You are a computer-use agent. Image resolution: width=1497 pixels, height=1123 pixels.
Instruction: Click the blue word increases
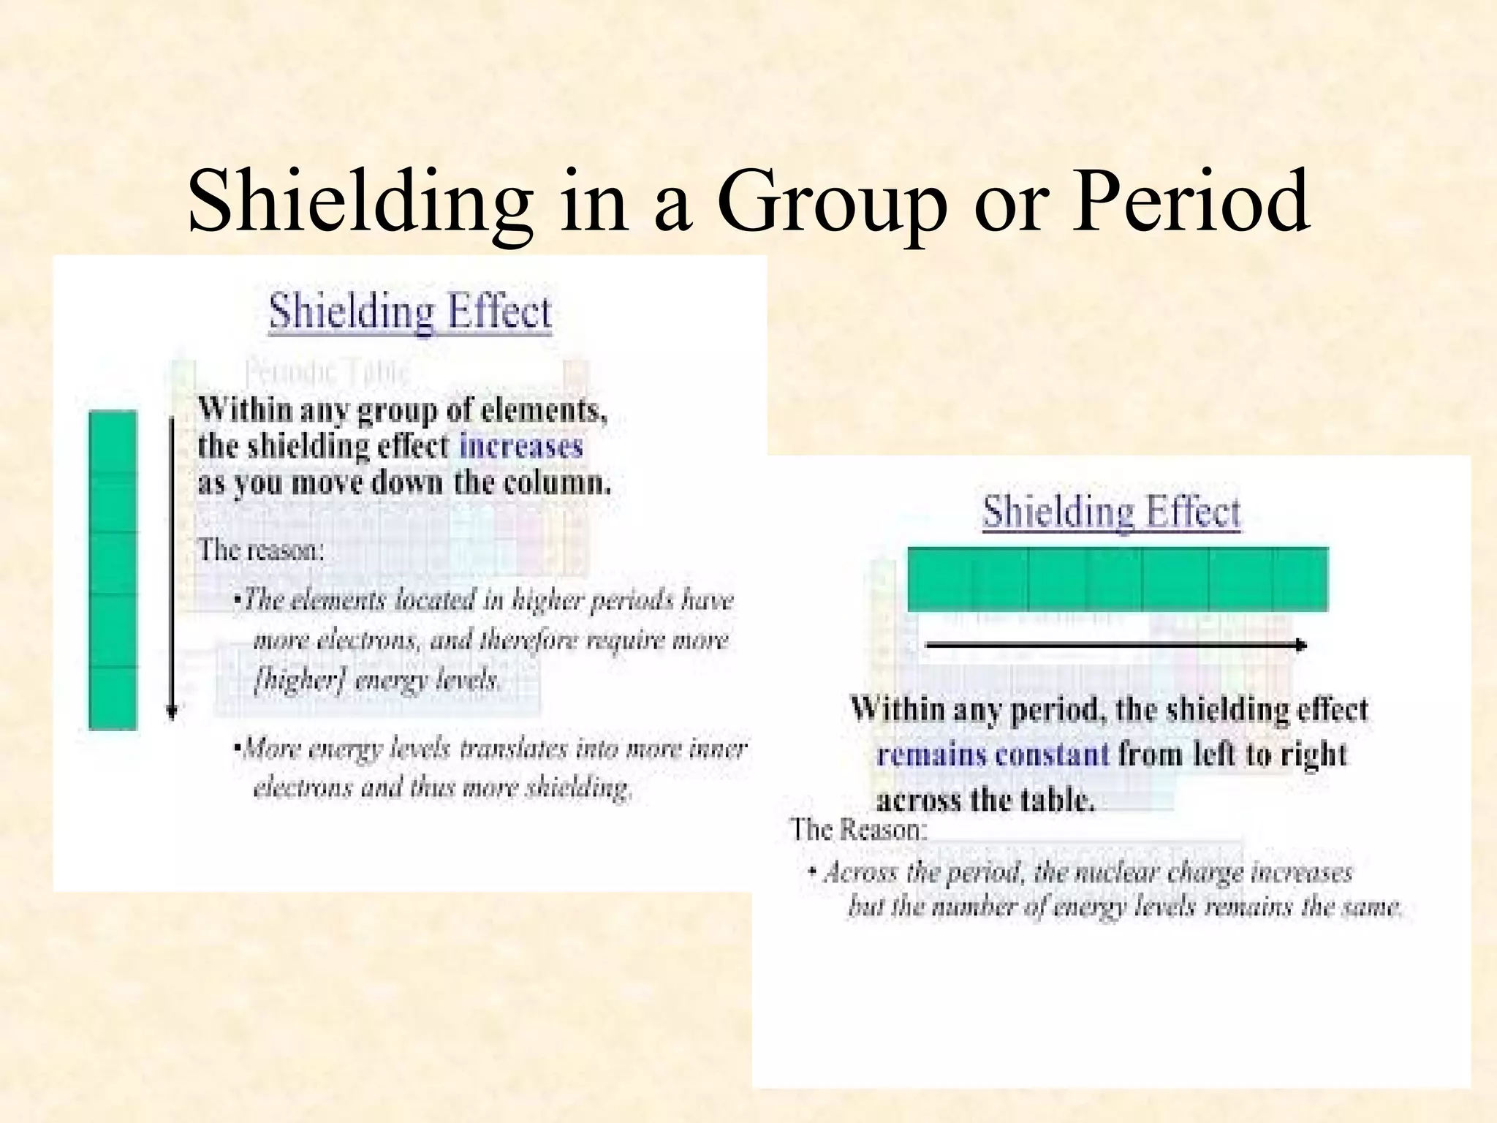tap(520, 446)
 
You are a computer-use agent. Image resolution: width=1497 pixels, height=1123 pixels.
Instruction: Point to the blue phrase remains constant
tap(993, 754)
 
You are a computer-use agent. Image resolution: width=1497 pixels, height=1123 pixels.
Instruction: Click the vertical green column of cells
tap(113, 570)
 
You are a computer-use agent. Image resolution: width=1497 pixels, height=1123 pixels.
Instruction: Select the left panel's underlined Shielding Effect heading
tap(410, 312)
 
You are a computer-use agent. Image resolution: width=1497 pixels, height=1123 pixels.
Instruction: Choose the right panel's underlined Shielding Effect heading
tap(1111, 511)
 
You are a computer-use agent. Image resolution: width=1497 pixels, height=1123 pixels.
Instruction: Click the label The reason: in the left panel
tap(261, 549)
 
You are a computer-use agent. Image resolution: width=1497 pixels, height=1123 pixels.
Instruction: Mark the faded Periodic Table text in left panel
tap(326, 373)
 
